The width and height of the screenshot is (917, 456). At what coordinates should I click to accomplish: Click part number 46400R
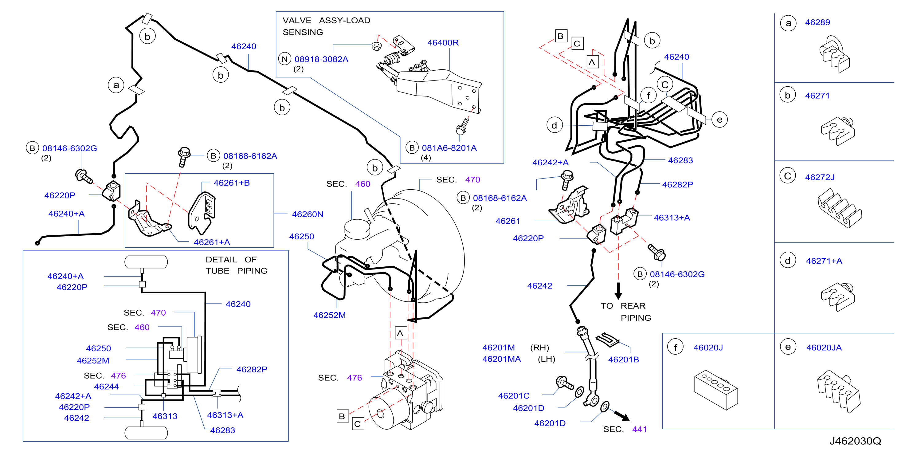[443, 43]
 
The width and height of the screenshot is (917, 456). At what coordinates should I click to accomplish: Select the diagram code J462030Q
[855, 441]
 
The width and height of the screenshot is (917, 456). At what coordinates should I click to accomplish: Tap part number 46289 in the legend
[817, 22]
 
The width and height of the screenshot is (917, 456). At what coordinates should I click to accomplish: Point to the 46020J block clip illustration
[715, 390]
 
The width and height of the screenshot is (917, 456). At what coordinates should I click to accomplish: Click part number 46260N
[308, 214]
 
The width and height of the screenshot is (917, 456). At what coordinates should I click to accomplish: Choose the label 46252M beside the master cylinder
[329, 315]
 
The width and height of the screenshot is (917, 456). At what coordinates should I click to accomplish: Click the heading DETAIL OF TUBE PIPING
[236, 265]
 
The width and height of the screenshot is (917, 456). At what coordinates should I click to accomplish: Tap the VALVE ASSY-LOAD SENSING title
[327, 26]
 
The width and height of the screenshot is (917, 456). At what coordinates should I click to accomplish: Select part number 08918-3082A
[321, 59]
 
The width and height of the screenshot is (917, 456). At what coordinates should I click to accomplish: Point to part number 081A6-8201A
[449, 148]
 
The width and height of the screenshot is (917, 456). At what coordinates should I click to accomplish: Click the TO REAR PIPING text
[626, 312]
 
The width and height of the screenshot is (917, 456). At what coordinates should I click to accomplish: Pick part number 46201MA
[501, 359]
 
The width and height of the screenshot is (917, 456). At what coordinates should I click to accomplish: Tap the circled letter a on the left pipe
[116, 85]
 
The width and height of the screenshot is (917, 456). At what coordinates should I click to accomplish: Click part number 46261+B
[232, 183]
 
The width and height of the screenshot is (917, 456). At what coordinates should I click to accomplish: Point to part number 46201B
[623, 360]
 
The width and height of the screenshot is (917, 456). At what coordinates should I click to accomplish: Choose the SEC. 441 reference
[625, 429]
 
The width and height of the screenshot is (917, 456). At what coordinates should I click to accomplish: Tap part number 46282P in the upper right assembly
[677, 185]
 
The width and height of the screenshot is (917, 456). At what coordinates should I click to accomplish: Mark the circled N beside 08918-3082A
[285, 59]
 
